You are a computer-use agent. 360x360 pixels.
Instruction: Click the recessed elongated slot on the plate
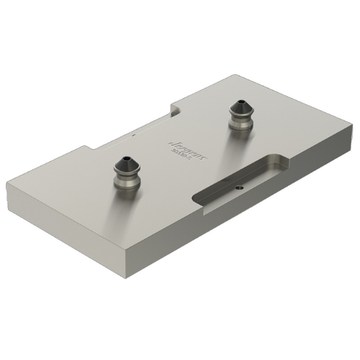[241, 180]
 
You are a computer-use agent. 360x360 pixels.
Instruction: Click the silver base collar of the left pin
[128, 181]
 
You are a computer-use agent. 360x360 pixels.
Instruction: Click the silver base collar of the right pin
[240, 126]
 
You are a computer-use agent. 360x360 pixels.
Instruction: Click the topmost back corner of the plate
[228, 75]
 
